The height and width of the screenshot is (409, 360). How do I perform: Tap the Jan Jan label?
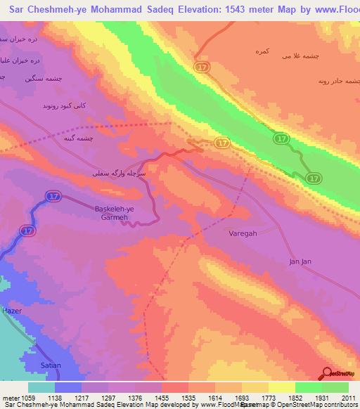point(300,261)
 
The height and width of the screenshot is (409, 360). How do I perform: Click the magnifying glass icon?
point(326,374)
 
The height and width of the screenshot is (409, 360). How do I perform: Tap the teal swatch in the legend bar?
point(41,387)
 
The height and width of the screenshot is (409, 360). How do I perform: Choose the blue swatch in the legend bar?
point(68,387)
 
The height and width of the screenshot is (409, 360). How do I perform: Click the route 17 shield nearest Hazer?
point(28,230)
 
